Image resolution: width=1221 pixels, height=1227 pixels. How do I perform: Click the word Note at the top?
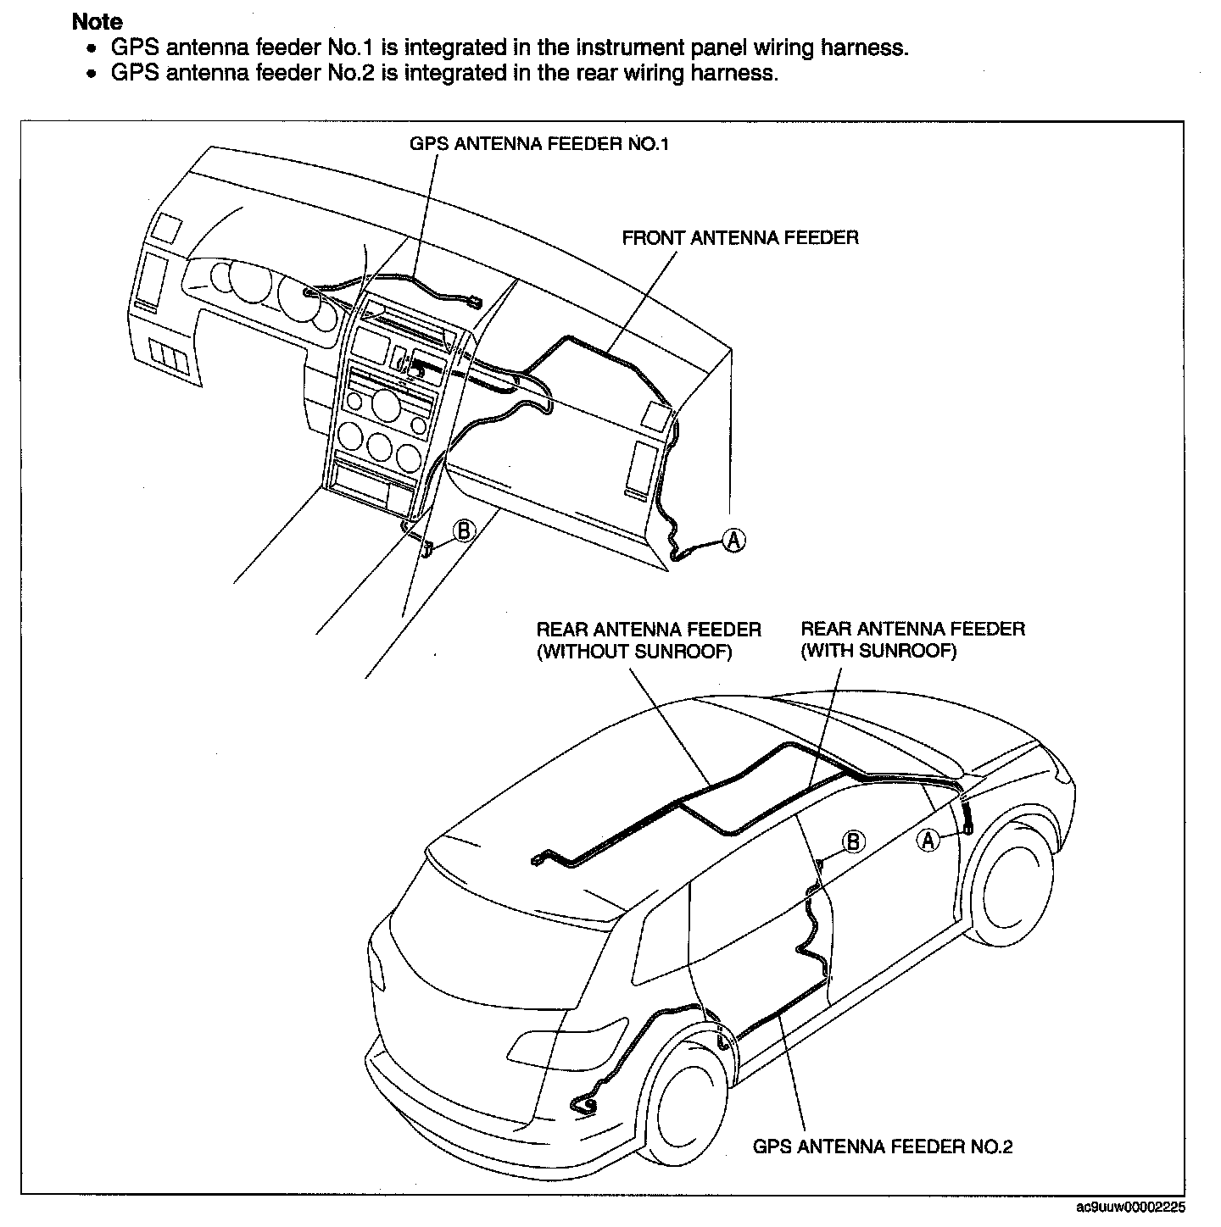[x=97, y=22]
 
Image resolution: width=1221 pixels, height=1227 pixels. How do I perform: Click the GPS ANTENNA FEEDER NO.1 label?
[x=539, y=144]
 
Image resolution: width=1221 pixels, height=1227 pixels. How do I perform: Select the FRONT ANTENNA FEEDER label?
[x=740, y=238]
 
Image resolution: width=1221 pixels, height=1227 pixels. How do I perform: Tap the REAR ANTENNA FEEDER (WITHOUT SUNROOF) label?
[x=649, y=641]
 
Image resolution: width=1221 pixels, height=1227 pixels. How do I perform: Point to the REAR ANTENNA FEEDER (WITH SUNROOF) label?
[x=912, y=640]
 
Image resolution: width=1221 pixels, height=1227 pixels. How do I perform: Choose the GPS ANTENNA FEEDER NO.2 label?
[x=883, y=1146]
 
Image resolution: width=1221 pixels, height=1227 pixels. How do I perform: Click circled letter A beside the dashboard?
[x=733, y=541]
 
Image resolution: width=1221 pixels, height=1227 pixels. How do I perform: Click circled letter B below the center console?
[x=464, y=531]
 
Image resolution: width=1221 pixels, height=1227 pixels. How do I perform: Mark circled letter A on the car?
[x=928, y=841]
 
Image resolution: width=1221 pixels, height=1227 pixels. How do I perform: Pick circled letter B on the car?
[x=853, y=841]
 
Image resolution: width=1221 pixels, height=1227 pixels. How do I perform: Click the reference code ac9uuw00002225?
[x=1130, y=1208]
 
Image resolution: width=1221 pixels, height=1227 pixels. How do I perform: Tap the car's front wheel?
[x=1015, y=883]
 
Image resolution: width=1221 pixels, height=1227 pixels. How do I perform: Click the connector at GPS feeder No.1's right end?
[x=474, y=303]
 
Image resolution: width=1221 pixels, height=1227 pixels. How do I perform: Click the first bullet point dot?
[x=92, y=48]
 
